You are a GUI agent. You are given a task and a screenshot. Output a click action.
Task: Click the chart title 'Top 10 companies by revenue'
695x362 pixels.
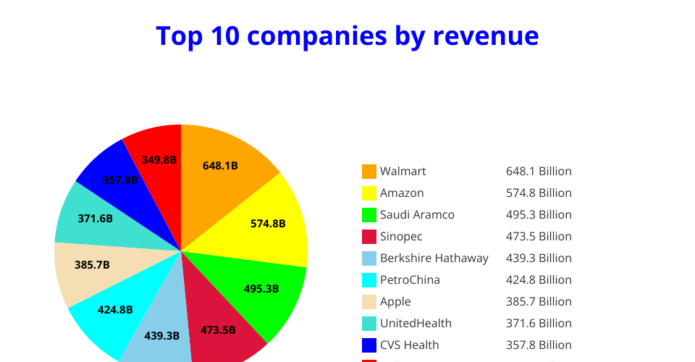click(347, 35)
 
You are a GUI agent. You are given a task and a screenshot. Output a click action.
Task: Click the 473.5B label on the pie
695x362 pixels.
click(218, 330)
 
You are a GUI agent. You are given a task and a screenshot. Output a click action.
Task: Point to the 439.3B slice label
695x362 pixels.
click(162, 335)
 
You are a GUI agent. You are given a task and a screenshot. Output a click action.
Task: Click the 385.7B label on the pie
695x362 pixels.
click(92, 265)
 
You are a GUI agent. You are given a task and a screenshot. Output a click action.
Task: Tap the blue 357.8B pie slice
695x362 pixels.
click(119, 180)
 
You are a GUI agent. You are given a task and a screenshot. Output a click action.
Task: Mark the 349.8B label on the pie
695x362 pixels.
click(159, 160)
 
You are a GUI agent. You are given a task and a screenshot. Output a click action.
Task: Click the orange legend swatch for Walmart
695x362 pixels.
click(369, 172)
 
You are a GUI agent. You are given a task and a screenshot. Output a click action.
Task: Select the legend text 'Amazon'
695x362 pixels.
click(402, 193)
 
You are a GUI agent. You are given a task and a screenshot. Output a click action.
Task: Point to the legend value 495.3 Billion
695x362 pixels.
click(539, 215)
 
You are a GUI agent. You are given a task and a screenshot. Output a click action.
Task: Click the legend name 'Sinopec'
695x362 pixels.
click(401, 237)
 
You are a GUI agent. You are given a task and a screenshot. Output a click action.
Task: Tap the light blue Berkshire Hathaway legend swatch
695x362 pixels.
click(369, 258)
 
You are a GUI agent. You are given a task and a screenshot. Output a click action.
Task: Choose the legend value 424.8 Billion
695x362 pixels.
click(539, 280)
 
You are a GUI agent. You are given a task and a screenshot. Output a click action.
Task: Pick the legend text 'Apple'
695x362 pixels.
click(395, 302)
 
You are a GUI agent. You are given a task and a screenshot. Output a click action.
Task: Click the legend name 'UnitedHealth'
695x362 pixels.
click(416, 324)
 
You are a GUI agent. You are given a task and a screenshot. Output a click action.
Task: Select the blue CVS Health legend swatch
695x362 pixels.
click(369, 345)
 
